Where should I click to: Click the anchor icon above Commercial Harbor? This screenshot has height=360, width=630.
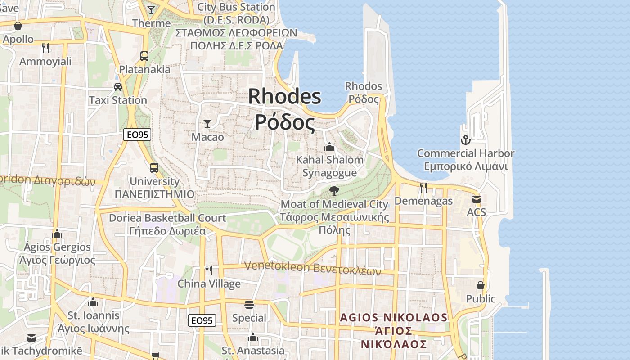click(x=465, y=140)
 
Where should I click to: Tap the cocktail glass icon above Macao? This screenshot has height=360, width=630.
click(x=207, y=123)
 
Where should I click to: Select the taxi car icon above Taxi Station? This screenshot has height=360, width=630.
click(x=118, y=86)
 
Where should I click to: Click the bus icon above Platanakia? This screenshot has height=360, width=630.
click(x=144, y=56)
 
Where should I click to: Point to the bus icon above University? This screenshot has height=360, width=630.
click(x=154, y=168)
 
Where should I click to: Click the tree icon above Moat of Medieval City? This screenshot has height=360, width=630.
click(x=334, y=191)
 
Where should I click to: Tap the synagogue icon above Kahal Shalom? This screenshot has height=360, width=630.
click(x=329, y=147)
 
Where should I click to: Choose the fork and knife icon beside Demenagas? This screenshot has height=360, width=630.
click(x=423, y=188)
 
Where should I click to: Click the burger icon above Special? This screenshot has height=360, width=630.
click(x=249, y=305)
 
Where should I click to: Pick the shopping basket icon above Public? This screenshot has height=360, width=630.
click(x=481, y=285)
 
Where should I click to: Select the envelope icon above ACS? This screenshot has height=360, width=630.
click(x=476, y=199)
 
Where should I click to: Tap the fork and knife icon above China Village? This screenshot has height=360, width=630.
click(x=209, y=270)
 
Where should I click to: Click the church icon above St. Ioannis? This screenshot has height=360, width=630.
click(x=93, y=302)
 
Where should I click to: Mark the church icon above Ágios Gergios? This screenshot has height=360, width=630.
click(x=57, y=234)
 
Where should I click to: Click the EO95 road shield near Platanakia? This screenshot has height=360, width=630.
click(x=137, y=135)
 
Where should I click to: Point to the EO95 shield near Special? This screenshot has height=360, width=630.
click(x=202, y=320)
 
